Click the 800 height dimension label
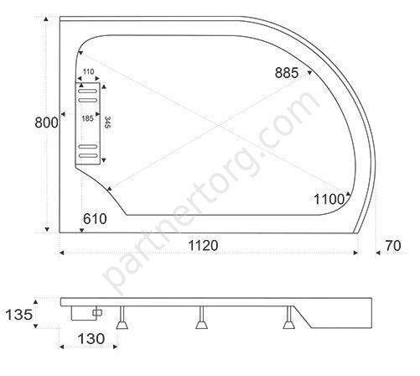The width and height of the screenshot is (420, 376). pyautogui.click(x=46, y=123)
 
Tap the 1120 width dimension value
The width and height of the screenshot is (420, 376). pyautogui.click(x=203, y=246)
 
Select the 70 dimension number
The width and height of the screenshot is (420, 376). pyautogui.click(x=393, y=246)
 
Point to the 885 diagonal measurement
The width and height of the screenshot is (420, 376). pyautogui.click(x=287, y=73)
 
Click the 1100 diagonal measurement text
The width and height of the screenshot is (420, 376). pyautogui.click(x=329, y=200)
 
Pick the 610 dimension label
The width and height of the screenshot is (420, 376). pyautogui.click(x=95, y=219)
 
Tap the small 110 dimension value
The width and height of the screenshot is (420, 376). pyautogui.click(x=88, y=72)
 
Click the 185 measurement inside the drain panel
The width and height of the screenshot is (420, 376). pyautogui.click(x=87, y=118)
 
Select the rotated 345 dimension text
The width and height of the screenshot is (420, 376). pyautogui.click(x=107, y=123)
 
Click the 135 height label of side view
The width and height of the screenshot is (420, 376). pyautogui.click(x=19, y=315)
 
